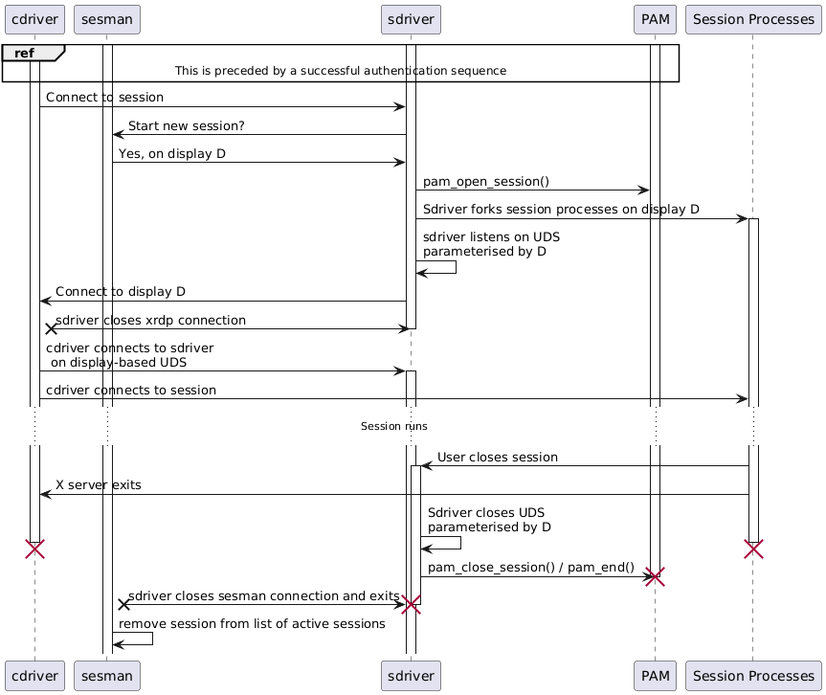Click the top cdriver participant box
[x=34, y=17]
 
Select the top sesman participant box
[x=107, y=17]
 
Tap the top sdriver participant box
[x=411, y=17]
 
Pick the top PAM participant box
[x=655, y=17]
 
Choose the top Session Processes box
[x=752, y=17]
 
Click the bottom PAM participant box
[x=655, y=677]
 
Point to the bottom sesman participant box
[x=107, y=677]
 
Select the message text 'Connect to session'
[x=104, y=98]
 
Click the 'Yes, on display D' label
[x=172, y=153]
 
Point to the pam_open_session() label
[x=486, y=181]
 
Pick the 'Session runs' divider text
[x=394, y=426]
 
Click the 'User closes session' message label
[x=498, y=458]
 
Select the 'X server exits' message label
[x=99, y=485]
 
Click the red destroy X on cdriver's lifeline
[x=34, y=549]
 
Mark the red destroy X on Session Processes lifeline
[x=753, y=549]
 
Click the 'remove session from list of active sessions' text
[x=252, y=623]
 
